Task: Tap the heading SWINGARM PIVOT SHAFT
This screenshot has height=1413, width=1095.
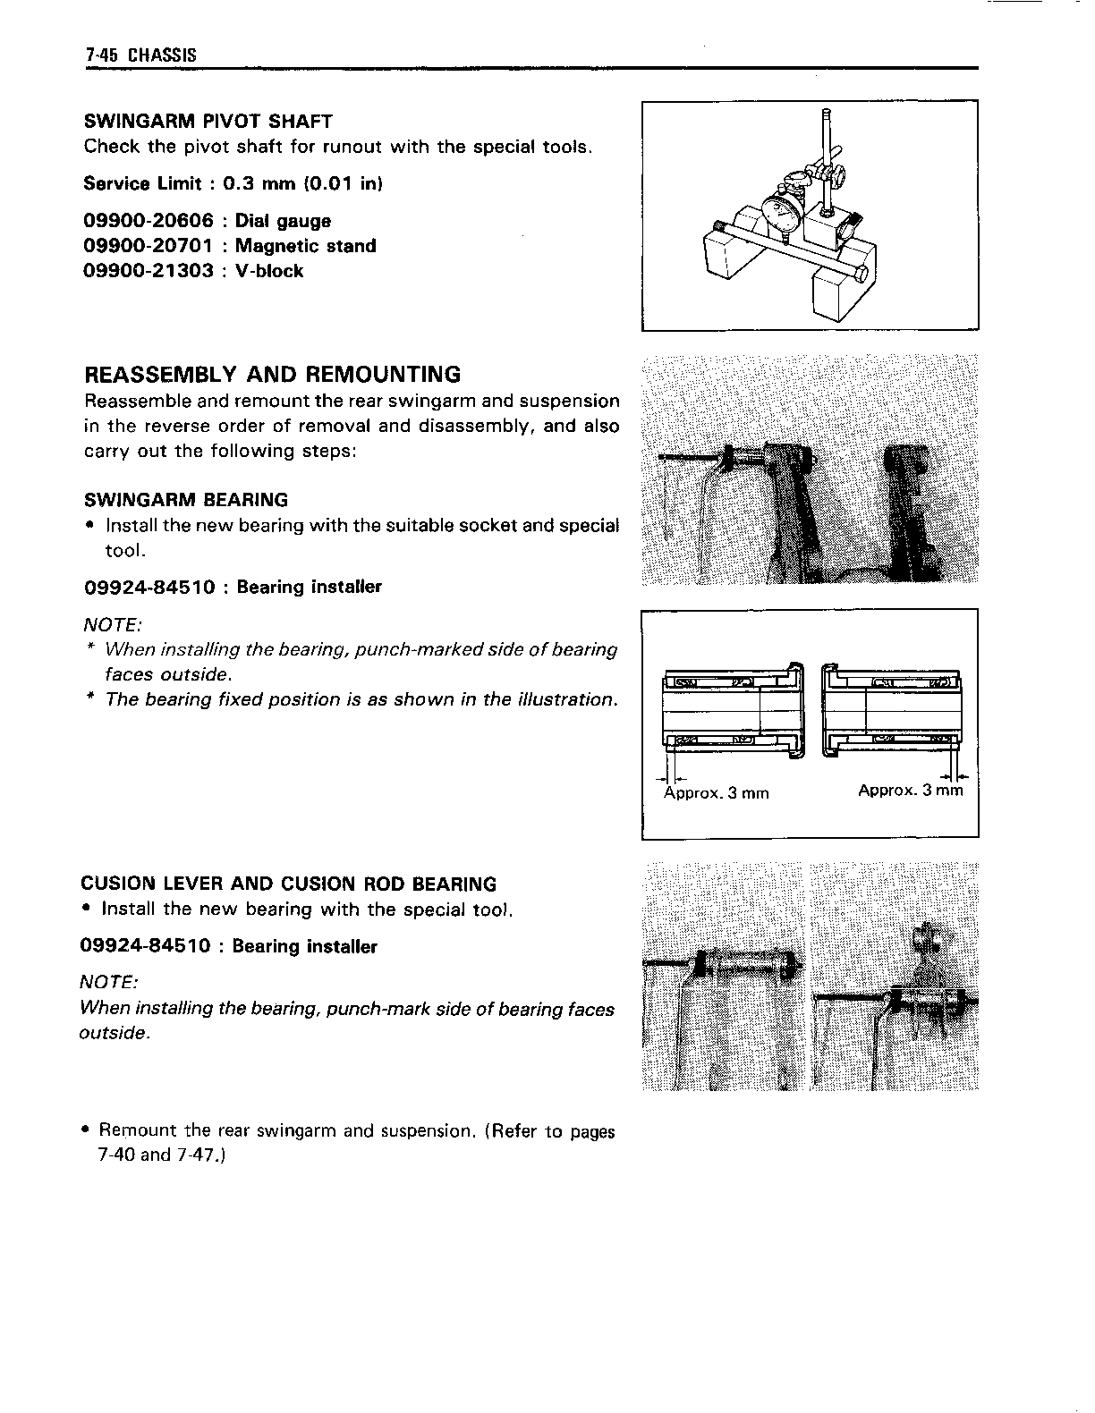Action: [x=208, y=122]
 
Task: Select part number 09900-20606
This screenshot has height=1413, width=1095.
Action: [x=149, y=221]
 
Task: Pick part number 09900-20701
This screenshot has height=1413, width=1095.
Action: [x=149, y=246]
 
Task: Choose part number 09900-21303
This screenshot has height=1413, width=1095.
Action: [x=149, y=271]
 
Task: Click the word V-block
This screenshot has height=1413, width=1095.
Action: [x=269, y=271]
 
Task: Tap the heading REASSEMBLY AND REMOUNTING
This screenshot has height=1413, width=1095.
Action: [x=272, y=374]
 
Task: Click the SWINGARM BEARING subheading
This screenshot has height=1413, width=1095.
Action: [x=186, y=500]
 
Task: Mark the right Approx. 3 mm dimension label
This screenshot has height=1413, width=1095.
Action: [x=910, y=791]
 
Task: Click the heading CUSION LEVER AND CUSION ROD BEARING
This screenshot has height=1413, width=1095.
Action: [x=288, y=884]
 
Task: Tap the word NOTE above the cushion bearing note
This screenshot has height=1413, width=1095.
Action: [x=108, y=982]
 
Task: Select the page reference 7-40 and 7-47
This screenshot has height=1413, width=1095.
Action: [x=161, y=1155]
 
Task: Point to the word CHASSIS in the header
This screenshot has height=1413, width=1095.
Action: [x=162, y=55]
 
